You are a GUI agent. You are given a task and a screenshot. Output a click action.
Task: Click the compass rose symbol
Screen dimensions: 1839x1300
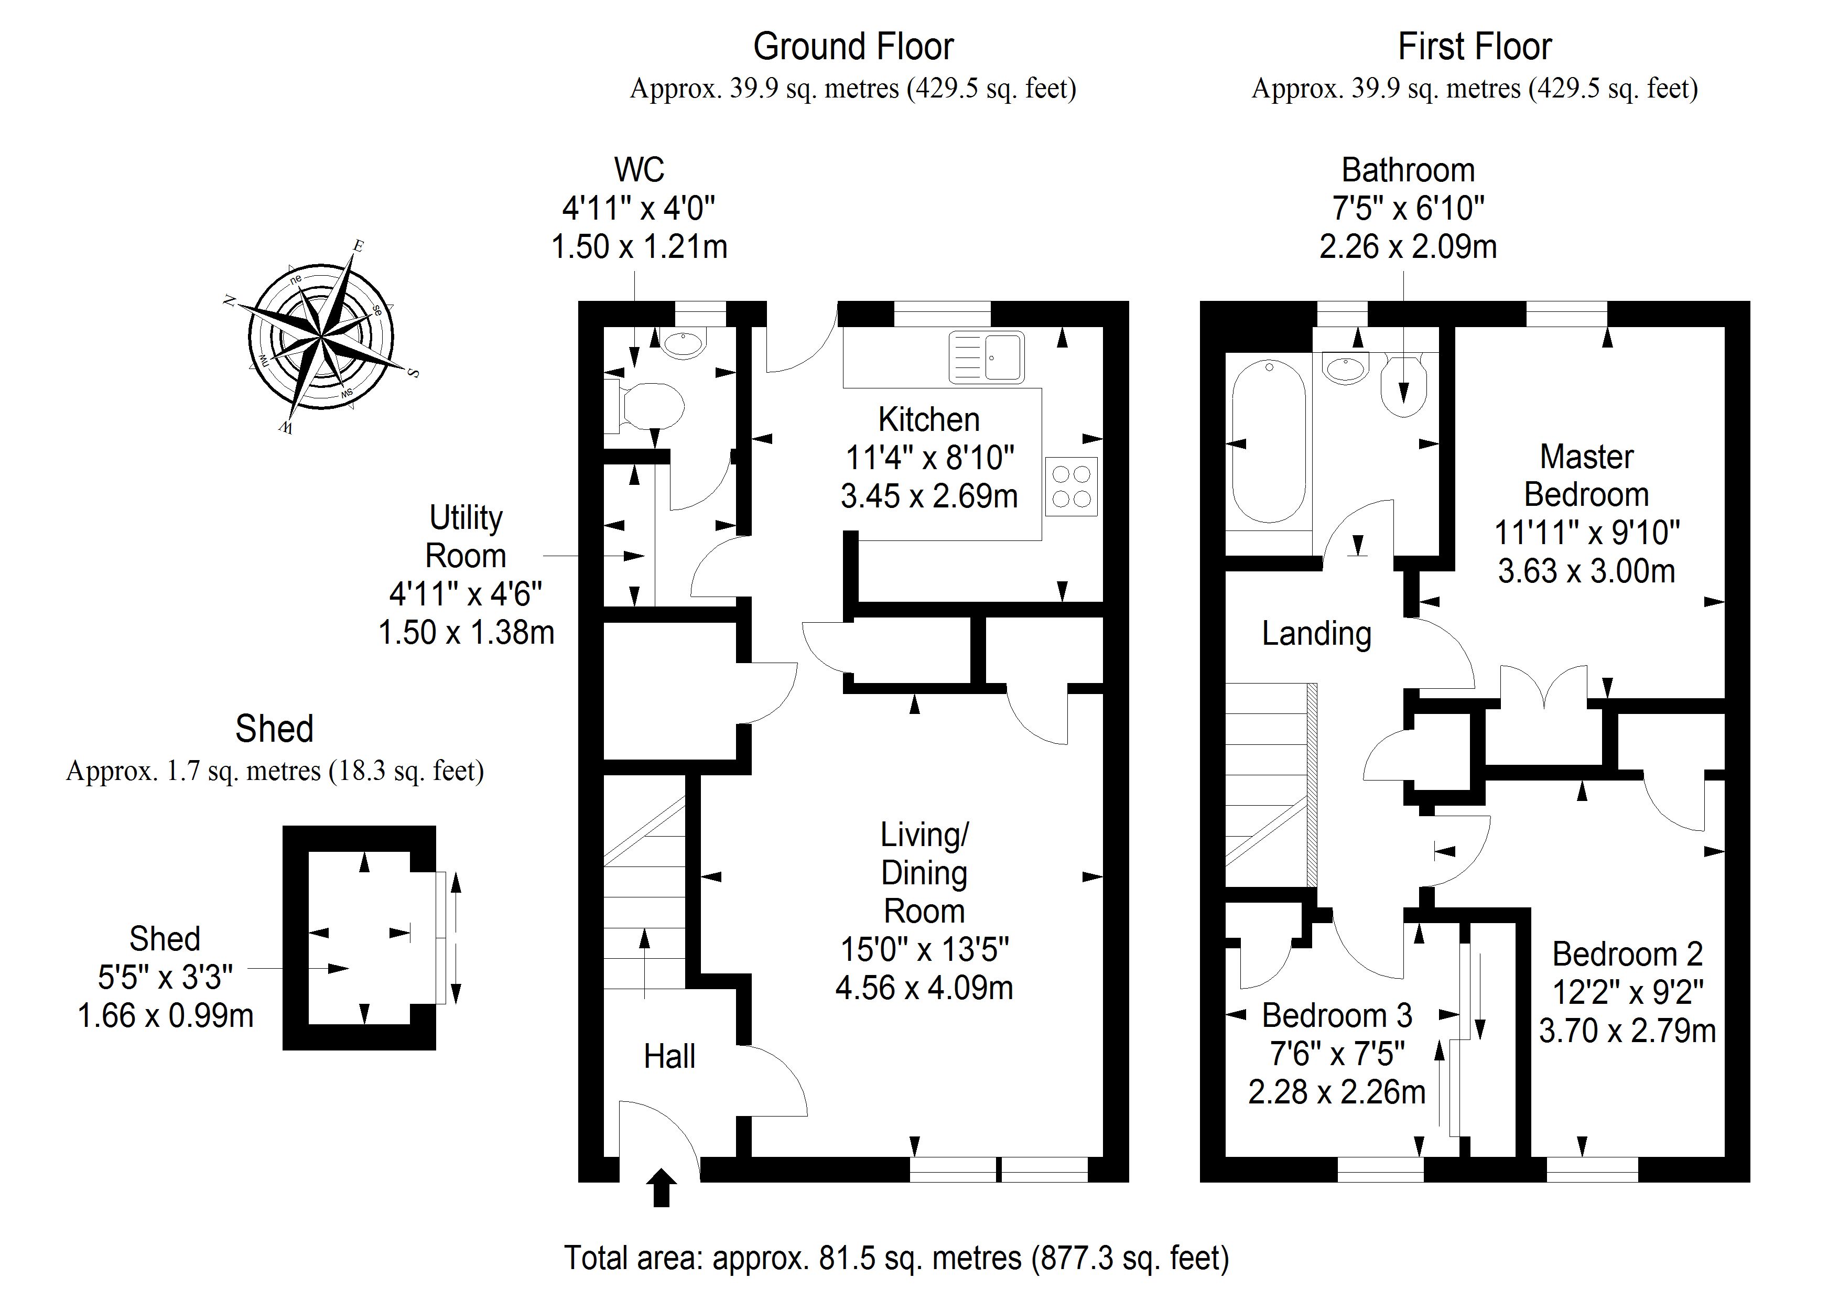(x=320, y=337)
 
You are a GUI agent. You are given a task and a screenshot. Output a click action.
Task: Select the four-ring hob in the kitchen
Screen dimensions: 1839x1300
(x=1071, y=487)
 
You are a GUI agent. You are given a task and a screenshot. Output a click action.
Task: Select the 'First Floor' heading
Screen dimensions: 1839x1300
(x=1475, y=47)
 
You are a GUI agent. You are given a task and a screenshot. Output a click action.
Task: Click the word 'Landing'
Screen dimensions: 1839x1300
(x=1317, y=634)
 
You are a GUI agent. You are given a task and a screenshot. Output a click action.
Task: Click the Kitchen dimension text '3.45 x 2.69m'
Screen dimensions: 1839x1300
(x=929, y=496)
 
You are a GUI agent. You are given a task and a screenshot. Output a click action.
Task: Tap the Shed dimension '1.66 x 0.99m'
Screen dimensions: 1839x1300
(x=166, y=1016)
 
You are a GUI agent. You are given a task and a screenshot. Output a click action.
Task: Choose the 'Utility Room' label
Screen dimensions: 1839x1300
(x=466, y=537)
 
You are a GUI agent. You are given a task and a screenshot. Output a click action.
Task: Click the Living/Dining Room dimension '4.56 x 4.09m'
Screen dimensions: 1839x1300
(x=924, y=988)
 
